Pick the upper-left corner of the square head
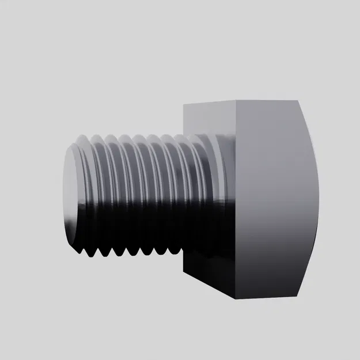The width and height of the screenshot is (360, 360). pos(184,105)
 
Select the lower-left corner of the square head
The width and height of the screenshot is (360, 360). pos(184,270)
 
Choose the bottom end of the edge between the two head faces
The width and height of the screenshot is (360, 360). pos(234,300)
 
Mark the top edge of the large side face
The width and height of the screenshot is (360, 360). pos(268,101)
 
